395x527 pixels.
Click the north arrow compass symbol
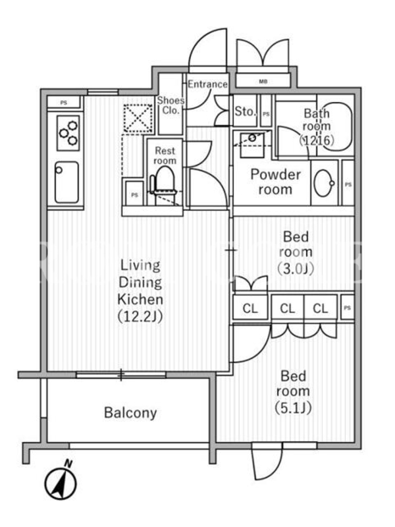tap(61, 482)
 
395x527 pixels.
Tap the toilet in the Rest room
tap(163, 182)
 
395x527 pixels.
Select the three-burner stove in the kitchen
tap(68, 133)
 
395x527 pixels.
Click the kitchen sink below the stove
tap(67, 182)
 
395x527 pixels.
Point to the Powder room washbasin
tap(324, 183)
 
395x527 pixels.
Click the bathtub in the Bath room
tap(335, 126)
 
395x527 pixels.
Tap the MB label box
tap(263, 81)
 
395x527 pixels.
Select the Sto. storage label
tap(245, 111)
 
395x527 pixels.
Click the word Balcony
tap(130, 413)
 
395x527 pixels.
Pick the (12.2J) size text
tap(140, 316)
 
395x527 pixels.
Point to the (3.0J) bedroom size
tap(296, 269)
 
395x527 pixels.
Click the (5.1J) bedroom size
tap(293, 408)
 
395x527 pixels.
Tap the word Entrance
tap(207, 84)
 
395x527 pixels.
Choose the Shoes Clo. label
tap(171, 105)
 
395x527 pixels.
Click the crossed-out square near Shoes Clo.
tap(138, 118)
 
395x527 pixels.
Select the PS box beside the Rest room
tap(134, 194)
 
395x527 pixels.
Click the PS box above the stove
tap(63, 103)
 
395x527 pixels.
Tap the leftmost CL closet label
tap(250, 308)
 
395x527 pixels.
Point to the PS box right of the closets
tap(348, 307)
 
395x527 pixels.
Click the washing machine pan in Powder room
tap(252, 144)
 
